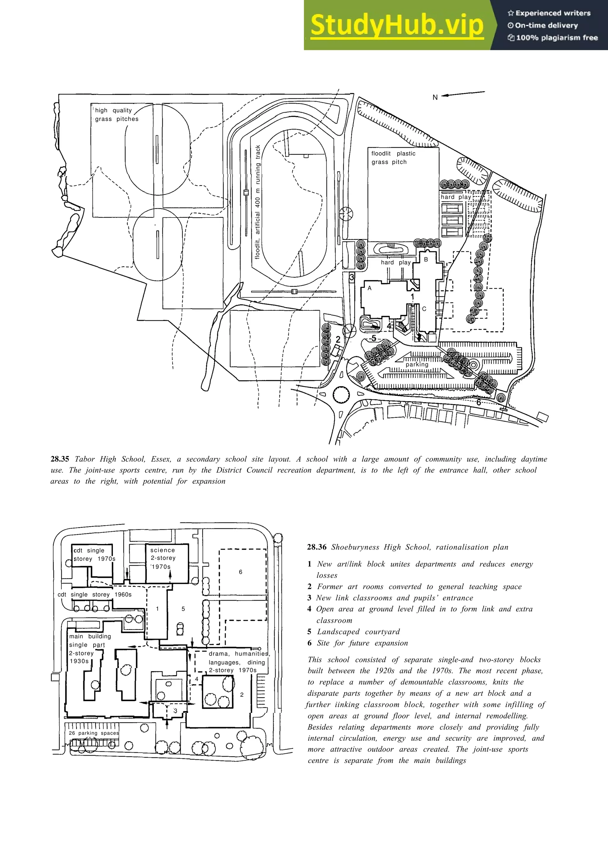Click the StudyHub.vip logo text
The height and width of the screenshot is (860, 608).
point(397,25)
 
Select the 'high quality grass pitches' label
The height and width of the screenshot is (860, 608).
point(116,115)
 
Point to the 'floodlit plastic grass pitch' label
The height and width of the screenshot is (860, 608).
point(393,158)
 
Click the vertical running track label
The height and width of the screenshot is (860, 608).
point(258,202)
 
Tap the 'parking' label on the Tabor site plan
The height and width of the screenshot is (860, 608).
point(417,364)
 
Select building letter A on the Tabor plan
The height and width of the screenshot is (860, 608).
point(369,288)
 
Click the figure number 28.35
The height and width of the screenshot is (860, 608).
point(60,459)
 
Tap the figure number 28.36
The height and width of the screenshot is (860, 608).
point(316,547)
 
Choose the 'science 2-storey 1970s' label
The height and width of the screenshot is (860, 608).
point(163,558)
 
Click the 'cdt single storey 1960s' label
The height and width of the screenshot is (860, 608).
point(94,594)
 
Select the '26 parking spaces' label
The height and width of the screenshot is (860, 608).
point(94,733)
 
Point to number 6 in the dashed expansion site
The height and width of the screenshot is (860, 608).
point(240,572)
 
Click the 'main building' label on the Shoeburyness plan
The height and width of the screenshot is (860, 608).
point(90,636)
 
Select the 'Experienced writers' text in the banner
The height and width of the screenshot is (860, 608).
point(552,13)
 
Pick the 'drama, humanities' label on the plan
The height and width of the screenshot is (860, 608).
point(239,654)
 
